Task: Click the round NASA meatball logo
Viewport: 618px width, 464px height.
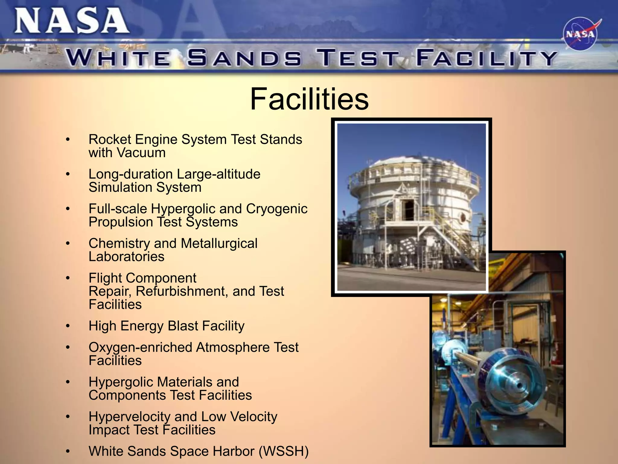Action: [580, 34]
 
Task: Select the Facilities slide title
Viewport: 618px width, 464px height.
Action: [309, 99]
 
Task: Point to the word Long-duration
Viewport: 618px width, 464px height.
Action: [131, 174]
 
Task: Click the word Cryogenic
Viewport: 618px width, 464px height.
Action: [277, 209]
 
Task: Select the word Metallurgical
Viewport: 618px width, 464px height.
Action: [219, 243]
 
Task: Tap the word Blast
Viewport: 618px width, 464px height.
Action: [183, 326]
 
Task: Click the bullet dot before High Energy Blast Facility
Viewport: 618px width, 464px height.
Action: [68, 326]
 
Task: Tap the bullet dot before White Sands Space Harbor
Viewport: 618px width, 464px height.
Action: [68, 452]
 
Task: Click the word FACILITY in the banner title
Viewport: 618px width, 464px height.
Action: [486, 58]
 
